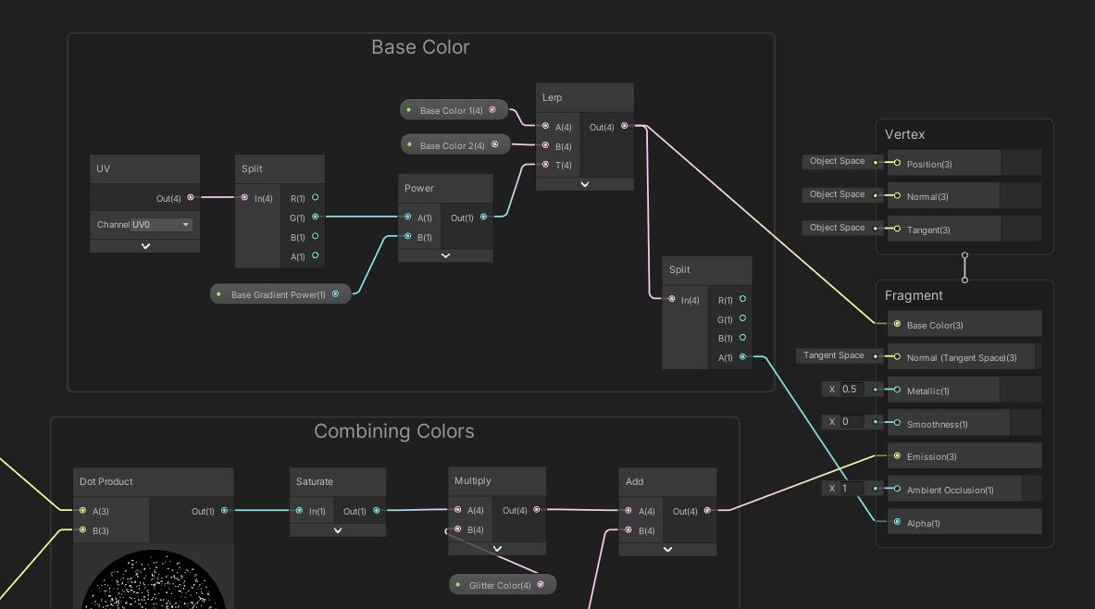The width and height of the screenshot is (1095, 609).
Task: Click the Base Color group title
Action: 420,47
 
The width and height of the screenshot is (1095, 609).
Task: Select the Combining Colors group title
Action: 393,431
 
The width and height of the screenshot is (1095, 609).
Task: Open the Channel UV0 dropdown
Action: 161,225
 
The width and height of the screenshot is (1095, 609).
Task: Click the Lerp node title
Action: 553,97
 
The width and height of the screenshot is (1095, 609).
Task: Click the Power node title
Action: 419,188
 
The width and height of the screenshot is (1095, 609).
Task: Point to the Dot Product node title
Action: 106,481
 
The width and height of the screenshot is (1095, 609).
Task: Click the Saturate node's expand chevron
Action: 338,530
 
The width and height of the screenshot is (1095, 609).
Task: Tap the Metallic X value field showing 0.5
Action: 852,390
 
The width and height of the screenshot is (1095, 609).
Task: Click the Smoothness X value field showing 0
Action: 852,422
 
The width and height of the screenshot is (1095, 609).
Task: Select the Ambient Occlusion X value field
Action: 852,489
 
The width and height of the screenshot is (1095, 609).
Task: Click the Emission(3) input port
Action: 897,456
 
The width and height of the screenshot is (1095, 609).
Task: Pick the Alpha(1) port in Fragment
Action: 897,523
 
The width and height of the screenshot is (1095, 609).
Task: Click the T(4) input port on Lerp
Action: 545,165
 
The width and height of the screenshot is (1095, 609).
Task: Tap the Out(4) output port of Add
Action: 708,510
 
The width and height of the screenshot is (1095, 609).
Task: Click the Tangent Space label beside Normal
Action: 833,355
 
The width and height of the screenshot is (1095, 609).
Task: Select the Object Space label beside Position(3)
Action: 837,161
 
